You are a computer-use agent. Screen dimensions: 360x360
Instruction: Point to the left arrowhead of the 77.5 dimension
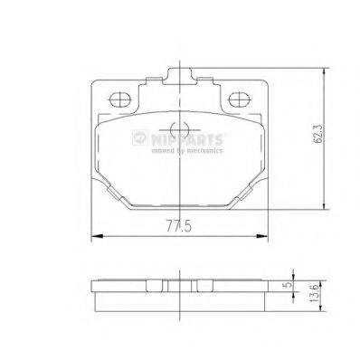(x=96, y=236)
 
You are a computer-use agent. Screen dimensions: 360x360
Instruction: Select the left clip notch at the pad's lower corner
(x=114, y=194)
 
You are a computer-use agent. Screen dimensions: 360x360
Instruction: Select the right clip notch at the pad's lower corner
(x=244, y=194)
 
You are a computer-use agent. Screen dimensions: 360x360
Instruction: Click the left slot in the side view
(x=154, y=282)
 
